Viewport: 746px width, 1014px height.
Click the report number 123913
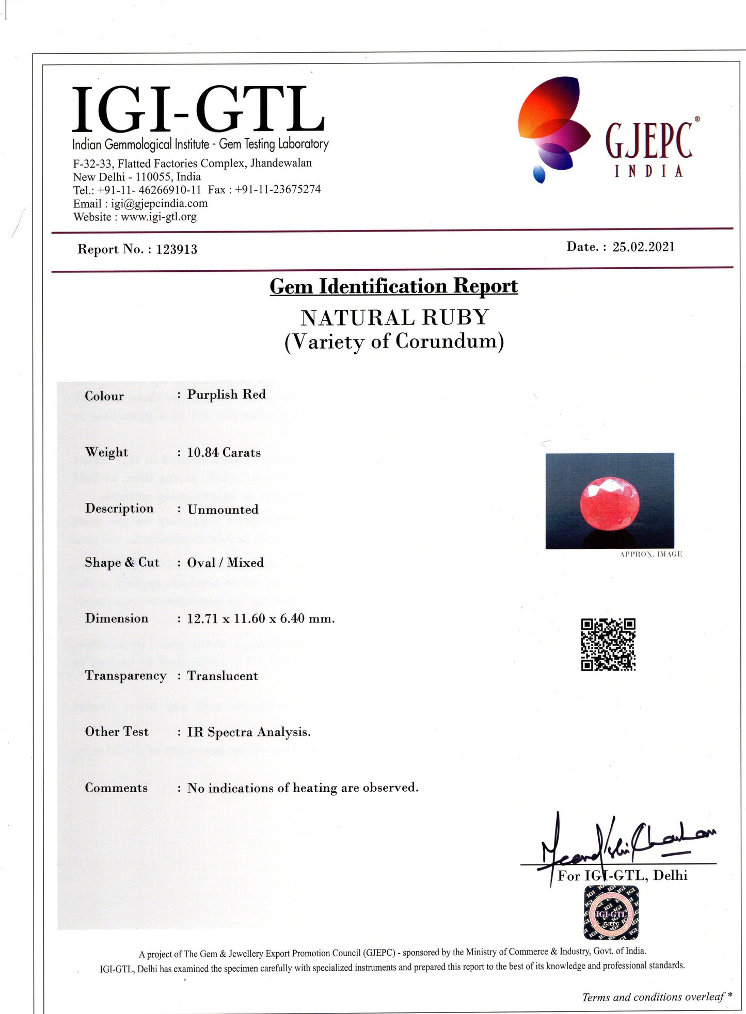coord(177,250)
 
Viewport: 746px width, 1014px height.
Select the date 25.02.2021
coord(643,247)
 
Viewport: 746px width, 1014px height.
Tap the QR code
coord(608,644)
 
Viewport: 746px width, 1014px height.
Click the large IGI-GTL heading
coord(199,110)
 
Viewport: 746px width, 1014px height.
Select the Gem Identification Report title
coord(393,286)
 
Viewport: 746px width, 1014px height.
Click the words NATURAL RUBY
coord(394,317)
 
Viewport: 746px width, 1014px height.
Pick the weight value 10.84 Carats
coord(224,452)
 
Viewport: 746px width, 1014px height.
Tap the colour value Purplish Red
coord(226,395)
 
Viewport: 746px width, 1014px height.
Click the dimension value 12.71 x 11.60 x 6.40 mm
coord(261,618)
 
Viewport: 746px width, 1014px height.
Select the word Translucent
coord(223,676)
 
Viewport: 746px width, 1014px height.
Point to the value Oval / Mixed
coord(225,562)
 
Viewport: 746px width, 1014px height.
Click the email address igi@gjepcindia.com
coord(159,204)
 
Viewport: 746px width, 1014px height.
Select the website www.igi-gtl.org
coord(158,217)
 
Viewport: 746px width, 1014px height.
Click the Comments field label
coord(116,788)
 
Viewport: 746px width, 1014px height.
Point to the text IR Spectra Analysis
coord(249,732)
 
